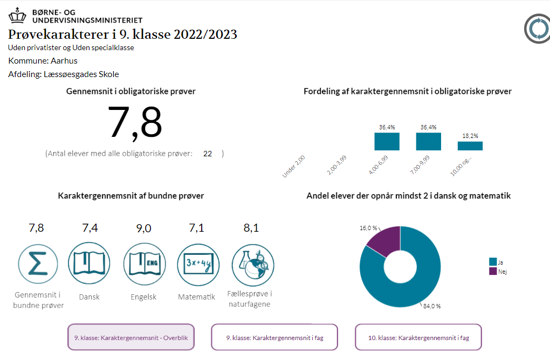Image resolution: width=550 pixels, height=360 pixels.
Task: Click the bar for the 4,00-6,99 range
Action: (387, 141)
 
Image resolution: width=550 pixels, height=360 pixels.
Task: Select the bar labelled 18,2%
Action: (470, 146)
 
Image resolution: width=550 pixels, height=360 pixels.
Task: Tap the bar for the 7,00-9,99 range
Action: (428, 141)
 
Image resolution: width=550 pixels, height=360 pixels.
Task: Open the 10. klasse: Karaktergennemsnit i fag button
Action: (418, 338)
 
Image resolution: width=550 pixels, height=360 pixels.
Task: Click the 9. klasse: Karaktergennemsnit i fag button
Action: (274, 338)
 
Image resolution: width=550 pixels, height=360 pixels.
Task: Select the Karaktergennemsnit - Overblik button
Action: (130, 338)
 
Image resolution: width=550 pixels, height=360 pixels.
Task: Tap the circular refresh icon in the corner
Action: (538, 29)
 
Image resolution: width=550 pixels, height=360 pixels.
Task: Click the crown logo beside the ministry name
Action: (17, 15)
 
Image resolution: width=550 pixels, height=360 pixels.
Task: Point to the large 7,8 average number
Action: (135, 123)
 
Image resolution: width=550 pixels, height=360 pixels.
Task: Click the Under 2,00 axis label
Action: (294, 166)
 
